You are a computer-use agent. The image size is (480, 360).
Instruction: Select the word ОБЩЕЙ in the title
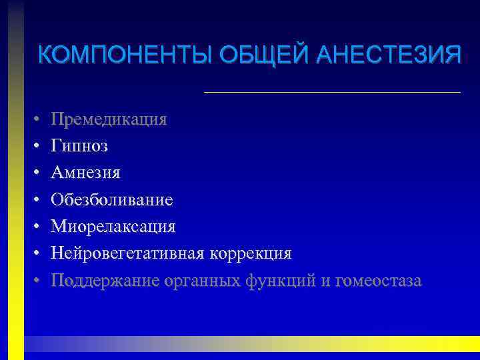tap(246, 54)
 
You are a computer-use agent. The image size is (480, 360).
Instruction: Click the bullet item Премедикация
tap(109, 119)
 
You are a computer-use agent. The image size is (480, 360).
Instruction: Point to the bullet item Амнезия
tap(86, 173)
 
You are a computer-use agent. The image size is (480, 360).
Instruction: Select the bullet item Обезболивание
tap(112, 200)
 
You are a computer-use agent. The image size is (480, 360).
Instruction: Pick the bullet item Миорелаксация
tap(113, 227)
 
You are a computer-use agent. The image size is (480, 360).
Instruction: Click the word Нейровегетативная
tap(129, 253)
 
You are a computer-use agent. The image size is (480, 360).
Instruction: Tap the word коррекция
tap(251, 254)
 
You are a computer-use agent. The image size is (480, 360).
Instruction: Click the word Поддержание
tap(105, 281)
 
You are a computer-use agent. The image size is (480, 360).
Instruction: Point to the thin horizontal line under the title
tap(332, 91)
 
